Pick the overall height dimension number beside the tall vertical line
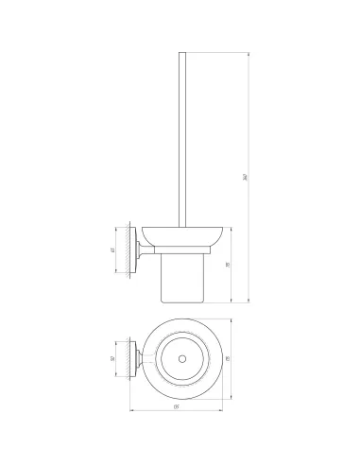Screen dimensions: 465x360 tap(245, 177)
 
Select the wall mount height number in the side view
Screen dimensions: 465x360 tap(111, 250)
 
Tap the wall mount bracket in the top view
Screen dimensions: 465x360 tap(139, 359)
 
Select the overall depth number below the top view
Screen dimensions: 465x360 tap(177, 407)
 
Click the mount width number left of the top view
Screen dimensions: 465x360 tap(111, 359)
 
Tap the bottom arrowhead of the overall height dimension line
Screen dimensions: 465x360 tap(248, 303)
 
